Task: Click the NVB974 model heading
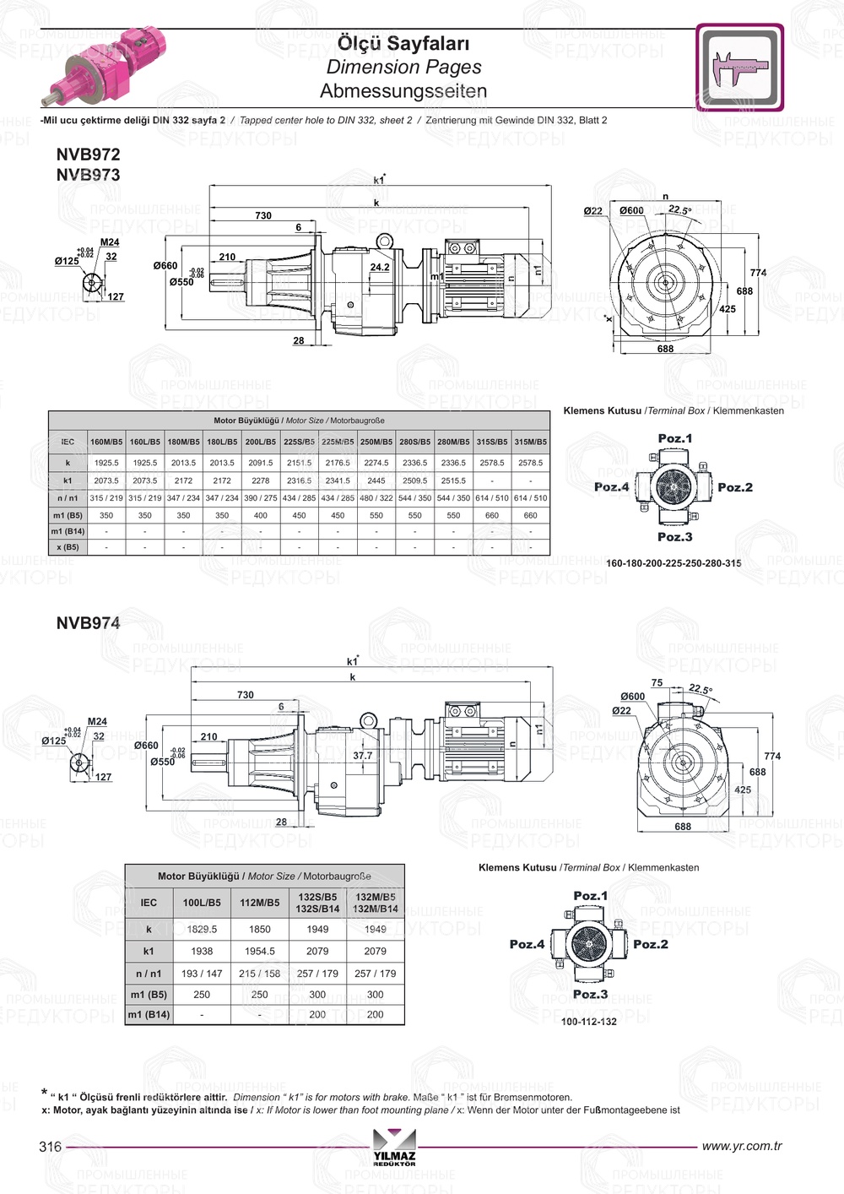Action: pos(88,623)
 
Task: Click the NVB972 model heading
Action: pos(88,155)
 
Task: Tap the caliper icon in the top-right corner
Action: pos(739,68)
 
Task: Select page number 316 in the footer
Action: pos(51,1147)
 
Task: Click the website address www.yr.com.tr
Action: pos(741,1146)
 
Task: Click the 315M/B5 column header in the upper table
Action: pos(530,442)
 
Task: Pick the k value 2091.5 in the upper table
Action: pos(260,463)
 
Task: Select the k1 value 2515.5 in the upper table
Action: pos(453,480)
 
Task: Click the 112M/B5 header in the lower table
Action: pos(260,903)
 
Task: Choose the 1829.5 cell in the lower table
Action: pos(202,929)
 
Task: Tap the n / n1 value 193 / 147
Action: pos(202,974)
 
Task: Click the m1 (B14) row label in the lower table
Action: pos(149,1015)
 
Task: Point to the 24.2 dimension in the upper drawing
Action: pos(380,267)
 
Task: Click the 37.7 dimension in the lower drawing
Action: pos(362,756)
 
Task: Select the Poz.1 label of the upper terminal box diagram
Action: pos(675,438)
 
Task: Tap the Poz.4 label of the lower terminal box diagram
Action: pos(527,944)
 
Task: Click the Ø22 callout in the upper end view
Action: pos(593,211)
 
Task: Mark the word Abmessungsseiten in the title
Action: pos(403,90)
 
